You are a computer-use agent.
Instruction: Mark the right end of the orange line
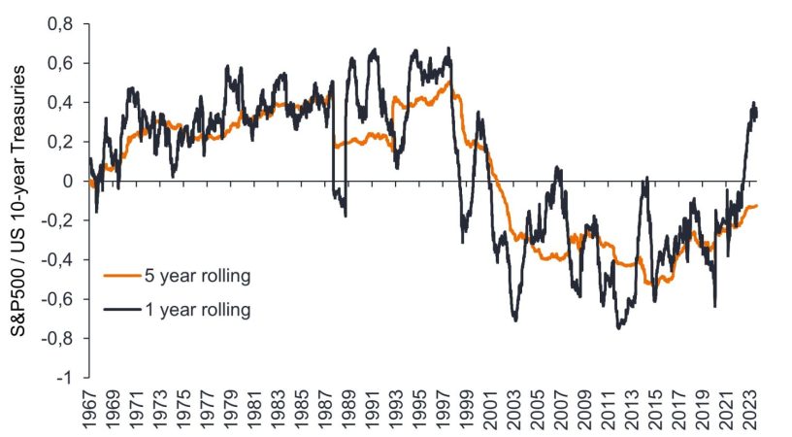point(758,205)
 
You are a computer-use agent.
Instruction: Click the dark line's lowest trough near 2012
point(619,327)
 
